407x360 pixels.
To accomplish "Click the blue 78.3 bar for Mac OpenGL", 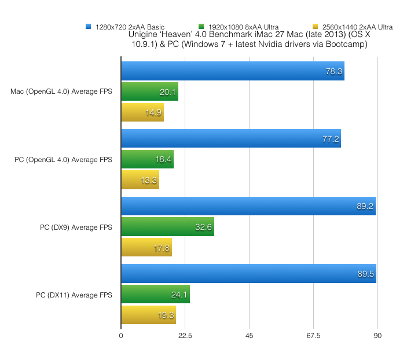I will click(232, 71).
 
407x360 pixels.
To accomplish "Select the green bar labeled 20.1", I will click(149, 91).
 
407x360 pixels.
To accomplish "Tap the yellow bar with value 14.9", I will click(142, 112).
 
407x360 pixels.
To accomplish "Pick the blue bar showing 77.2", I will click(230, 139).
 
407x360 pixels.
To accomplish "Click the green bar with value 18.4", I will click(147, 159).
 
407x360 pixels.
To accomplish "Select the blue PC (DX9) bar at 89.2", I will click(248, 206).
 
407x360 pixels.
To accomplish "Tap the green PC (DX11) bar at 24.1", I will click(155, 294).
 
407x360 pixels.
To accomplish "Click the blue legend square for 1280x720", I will click(88, 27).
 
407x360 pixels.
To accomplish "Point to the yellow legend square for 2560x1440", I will click(315, 27).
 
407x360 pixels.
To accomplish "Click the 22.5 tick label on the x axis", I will click(185, 335).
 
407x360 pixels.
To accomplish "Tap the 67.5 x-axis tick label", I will click(313, 335).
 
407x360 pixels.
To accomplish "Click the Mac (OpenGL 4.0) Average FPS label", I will click(61, 91).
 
